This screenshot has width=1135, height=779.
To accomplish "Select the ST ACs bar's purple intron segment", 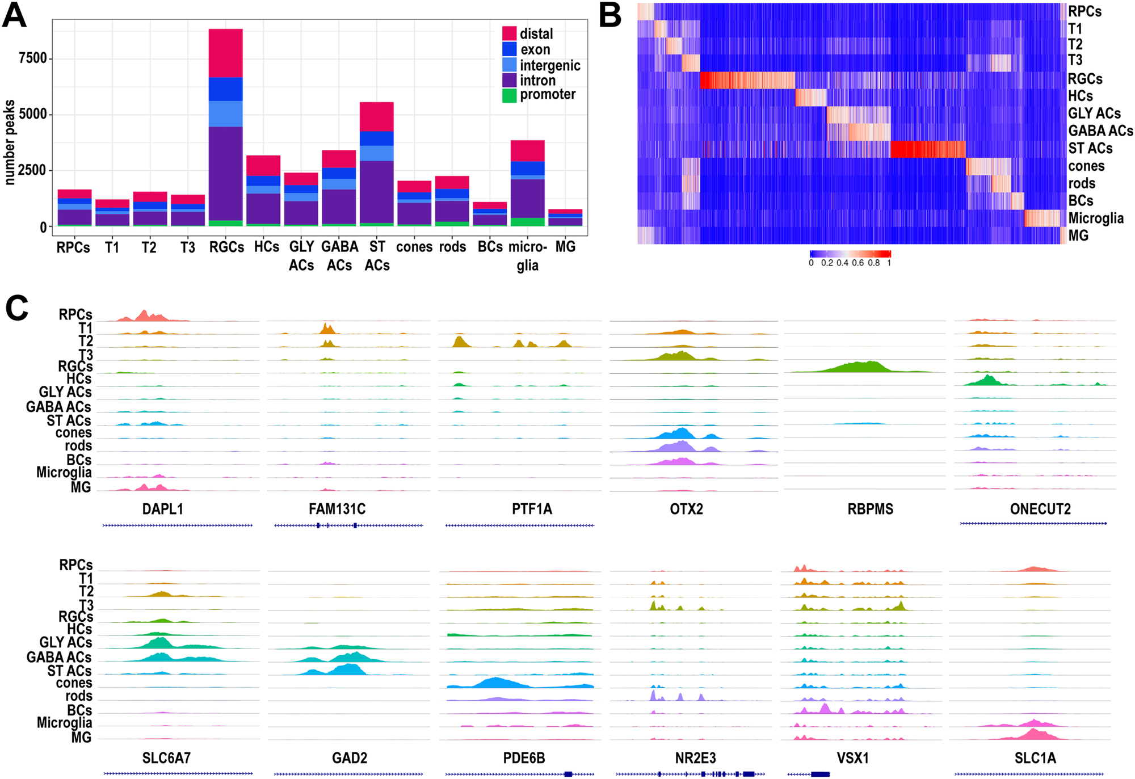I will point(376,192).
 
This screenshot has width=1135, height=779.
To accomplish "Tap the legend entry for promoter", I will point(548,95).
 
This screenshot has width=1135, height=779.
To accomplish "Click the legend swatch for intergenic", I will point(509,65).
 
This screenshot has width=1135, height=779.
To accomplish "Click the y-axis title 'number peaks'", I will point(9,142).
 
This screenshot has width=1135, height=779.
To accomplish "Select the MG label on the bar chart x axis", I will point(565,247).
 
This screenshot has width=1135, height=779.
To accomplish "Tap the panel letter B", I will point(610,16).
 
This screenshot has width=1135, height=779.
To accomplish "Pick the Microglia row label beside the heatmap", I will point(1095,218).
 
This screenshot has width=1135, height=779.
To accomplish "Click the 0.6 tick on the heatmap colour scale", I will point(857,263).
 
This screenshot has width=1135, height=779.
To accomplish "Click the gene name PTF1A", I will point(532,509).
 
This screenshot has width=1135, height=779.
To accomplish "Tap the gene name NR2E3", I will point(695,759).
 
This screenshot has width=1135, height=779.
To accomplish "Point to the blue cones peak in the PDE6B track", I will point(497,682).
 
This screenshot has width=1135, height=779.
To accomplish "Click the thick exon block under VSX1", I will point(820,774).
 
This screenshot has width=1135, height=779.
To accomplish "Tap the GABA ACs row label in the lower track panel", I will point(58,657).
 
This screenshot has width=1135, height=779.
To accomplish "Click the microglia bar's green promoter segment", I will point(527,222).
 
